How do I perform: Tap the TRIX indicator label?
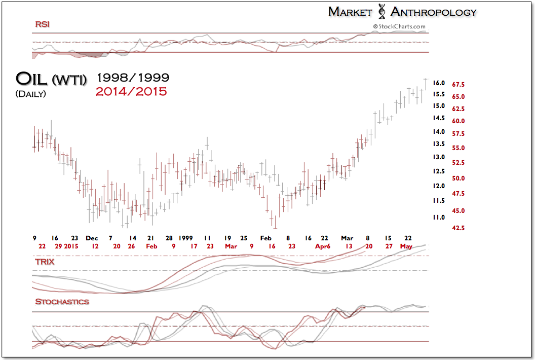(44, 262)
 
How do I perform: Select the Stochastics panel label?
(62, 302)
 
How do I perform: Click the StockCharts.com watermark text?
(399, 26)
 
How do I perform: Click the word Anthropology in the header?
(434, 12)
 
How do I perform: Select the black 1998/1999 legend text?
(132, 78)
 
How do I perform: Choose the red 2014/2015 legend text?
(132, 91)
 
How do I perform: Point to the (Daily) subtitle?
(30, 94)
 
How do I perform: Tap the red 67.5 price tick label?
(459, 84)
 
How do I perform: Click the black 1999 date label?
(185, 238)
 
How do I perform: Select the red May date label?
(406, 246)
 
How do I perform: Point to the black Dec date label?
(92, 238)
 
